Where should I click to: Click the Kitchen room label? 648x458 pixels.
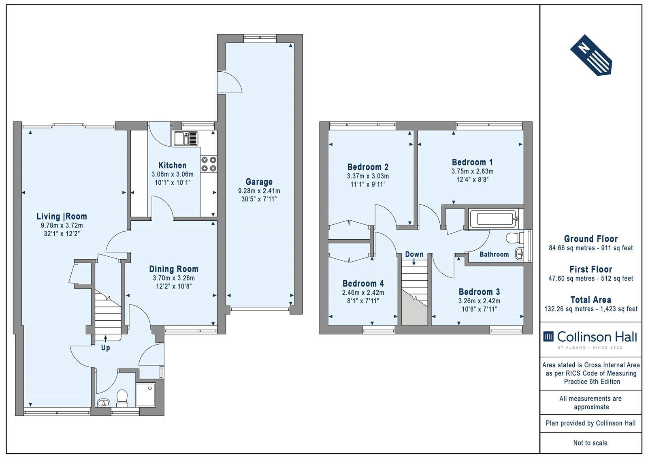173,166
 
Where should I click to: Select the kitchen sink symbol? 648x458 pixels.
186,138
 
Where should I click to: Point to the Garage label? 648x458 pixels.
259,182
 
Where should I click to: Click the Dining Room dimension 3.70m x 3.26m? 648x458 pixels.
174,278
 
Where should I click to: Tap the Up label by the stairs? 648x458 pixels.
106,348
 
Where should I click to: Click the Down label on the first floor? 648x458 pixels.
414,254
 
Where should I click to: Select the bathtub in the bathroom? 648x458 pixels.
493,219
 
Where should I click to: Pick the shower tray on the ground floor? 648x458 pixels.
146,395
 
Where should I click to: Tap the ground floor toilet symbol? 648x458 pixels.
122,398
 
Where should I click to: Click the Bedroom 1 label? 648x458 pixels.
472,162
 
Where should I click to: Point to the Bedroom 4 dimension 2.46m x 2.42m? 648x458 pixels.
363,292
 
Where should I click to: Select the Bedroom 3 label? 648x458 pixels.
480,292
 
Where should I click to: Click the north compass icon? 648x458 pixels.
591,55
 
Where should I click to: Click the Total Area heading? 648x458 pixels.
591,300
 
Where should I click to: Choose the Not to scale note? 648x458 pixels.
590,443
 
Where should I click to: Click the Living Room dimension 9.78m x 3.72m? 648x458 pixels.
62,226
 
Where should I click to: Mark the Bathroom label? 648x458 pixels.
494,254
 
